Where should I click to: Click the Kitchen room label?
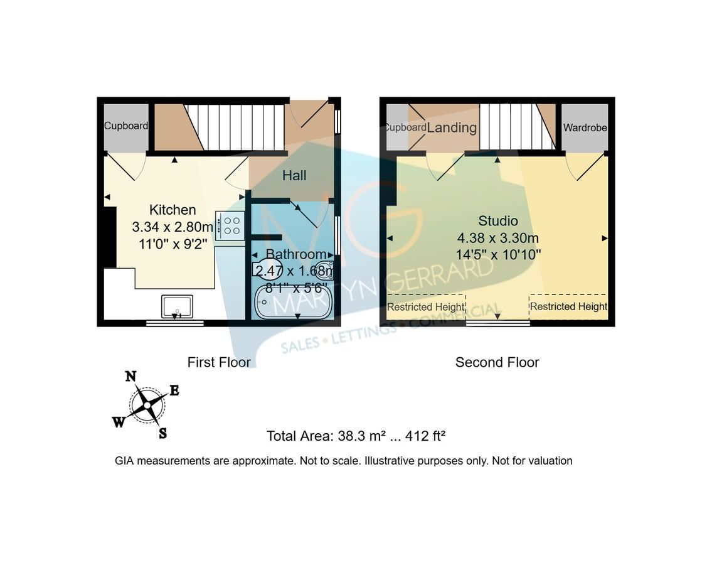tap(173, 210)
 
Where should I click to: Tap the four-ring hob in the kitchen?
tap(230, 225)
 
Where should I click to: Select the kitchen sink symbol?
tap(177, 306)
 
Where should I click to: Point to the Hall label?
tap(294, 175)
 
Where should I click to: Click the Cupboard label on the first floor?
tap(126, 126)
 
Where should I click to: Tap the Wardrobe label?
tap(585, 127)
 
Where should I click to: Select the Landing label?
tap(452, 127)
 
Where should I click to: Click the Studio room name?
tap(498, 221)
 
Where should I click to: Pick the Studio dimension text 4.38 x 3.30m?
tap(498, 238)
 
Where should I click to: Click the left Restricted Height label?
tap(425, 307)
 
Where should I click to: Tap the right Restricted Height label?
tap(568, 306)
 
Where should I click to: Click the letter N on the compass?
tap(130, 377)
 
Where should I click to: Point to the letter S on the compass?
tap(162, 434)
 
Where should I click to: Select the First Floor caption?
tap(219, 362)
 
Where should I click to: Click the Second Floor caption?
tap(497, 362)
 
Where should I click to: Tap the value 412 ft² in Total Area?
tap(425, 436)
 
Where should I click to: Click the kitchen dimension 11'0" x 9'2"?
tap(173, 244)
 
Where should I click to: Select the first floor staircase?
tap(235, 127)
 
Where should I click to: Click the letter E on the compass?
tap(174, 390)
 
